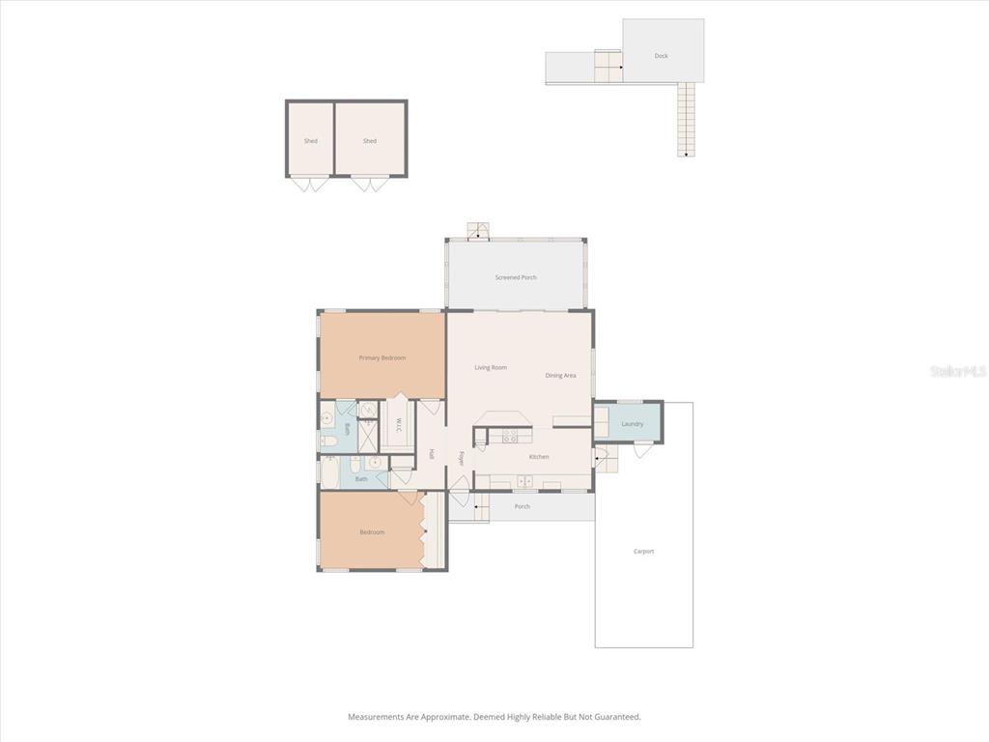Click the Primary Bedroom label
pos(382,358)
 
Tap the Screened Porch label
pos(516,278)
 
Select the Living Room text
pos(491,368)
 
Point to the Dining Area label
pos(560,376)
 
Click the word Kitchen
pos(539,457)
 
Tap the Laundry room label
pos(633,424)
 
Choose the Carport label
pos(643,552)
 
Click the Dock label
pos(662,56)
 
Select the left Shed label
pos(311,141)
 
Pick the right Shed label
pos(370,141)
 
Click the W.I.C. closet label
pos(398,425)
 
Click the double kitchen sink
pos(524,481)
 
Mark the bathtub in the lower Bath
pos(329,472)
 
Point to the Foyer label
pos(462,458)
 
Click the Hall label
pos(432,454)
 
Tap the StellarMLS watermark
pos(958,371)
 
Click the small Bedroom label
pos(372,532)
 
